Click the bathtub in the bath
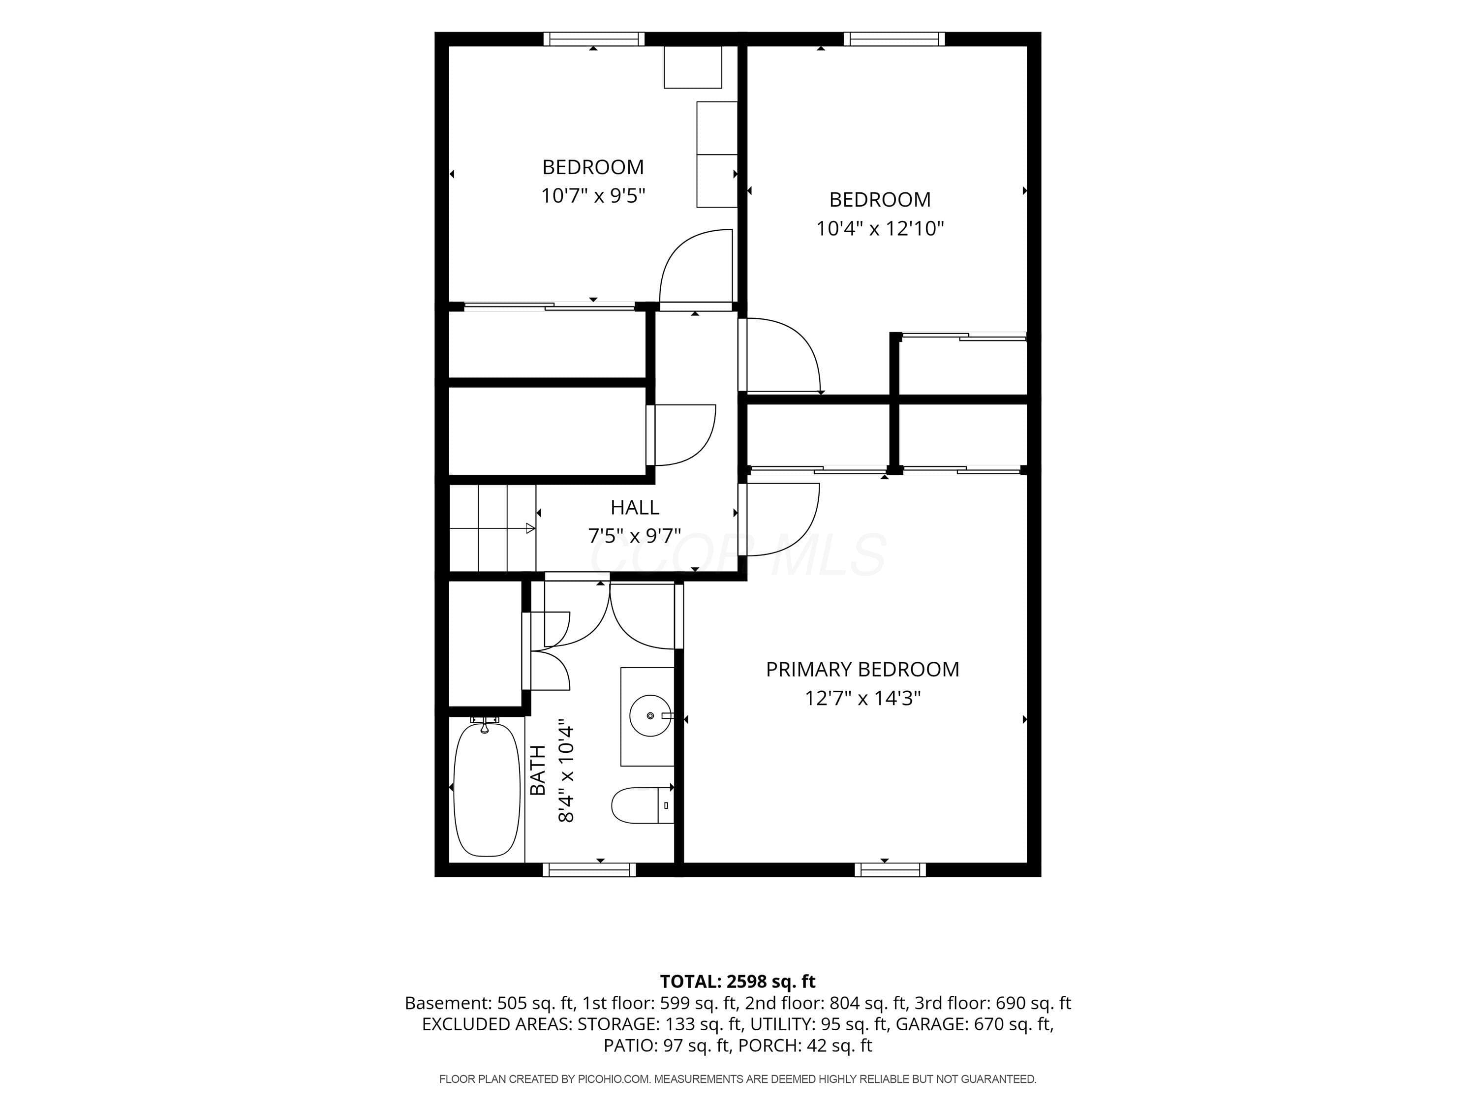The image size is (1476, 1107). coord(487,789)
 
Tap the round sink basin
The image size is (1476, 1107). coord(650,715)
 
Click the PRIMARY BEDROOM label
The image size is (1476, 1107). coord(862,669)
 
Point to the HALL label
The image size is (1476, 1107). coord(635,507)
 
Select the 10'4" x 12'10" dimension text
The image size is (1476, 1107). coord(880,228)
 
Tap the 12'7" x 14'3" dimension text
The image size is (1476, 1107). coord(862,698)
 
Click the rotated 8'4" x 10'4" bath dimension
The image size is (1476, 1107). coord(566,770)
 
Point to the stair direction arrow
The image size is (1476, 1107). coord(492,528)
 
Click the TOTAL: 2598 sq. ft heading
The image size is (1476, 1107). coord(738,982)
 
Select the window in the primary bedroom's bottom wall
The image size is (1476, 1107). coord(890,869)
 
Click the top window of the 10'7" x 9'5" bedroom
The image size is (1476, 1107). coord(594,39)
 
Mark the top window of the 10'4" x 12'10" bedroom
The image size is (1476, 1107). coord(894,39)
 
